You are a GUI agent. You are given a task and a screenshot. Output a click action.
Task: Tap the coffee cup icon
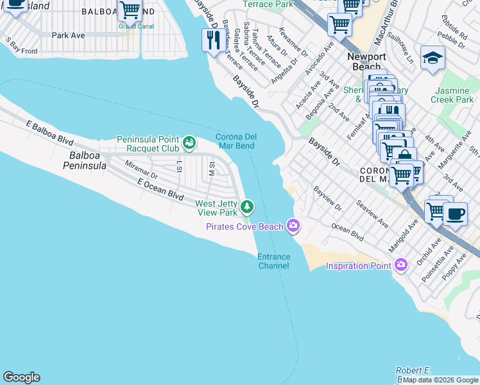tap(454, 214)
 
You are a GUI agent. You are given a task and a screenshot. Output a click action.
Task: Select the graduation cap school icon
tap(433, 58)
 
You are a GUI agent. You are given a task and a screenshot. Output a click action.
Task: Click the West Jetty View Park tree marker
tap(247, 207)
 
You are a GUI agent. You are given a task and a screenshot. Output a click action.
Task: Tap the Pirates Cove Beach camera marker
tap(293, 225)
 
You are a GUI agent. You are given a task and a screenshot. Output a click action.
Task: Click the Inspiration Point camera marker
tap(401, 264)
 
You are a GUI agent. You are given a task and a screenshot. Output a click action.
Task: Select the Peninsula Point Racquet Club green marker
tap(189, 141)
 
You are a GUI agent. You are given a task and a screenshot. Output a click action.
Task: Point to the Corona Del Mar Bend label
tap(236, 141)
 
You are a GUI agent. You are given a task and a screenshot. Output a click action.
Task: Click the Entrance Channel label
tap(274, 261)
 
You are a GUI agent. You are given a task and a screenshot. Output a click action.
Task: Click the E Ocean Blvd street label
tap(160, 189)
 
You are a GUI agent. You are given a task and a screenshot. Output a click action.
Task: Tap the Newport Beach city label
tap(366, 62)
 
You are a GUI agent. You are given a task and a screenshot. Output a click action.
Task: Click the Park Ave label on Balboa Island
tap(69, 35)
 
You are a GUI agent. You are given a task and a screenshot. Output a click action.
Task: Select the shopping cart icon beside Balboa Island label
tap(130, 11)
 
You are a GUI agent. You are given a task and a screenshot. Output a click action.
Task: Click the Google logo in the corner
tap(21, 377)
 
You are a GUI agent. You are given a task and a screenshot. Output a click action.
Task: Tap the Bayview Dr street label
tap(327, 199)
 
